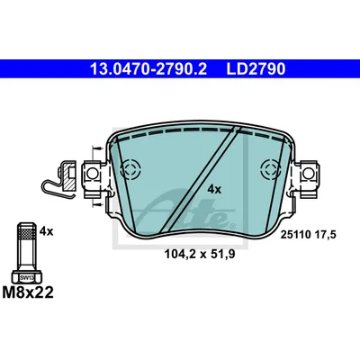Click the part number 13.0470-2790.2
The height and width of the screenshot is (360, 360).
coord(148,69)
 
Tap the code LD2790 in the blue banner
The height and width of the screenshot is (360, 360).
coord(256,69)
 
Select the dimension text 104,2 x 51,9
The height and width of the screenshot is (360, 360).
coord(200,255)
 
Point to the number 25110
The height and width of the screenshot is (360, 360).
coord(295,235)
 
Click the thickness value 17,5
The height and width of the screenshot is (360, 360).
coord(325,235)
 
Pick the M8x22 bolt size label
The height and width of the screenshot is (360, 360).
coord(28,292)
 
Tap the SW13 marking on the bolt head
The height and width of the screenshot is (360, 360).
coord(28,278)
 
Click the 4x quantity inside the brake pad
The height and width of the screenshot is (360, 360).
coord(214,189)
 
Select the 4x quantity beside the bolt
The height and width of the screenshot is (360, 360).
coord(46,231)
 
